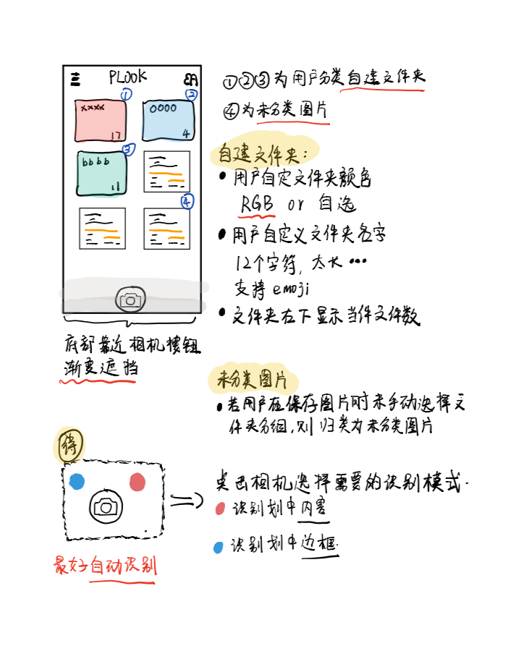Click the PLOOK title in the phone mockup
coord(127,77)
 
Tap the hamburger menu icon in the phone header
coord(76,79)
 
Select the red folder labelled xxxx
coord(101,120)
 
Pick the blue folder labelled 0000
coord(168,120)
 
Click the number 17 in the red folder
coord(115,135)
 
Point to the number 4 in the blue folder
coord(186,134)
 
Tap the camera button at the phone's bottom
coord(131,299)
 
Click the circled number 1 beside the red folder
coord(126,94)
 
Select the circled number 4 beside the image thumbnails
coord(187,202)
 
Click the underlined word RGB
coord(258,204)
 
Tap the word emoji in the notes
coord(291,289)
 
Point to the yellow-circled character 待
coord(70,443)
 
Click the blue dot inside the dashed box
coord(77,481)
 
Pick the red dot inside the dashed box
coord(137,482)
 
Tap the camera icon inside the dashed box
coord(106,506)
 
